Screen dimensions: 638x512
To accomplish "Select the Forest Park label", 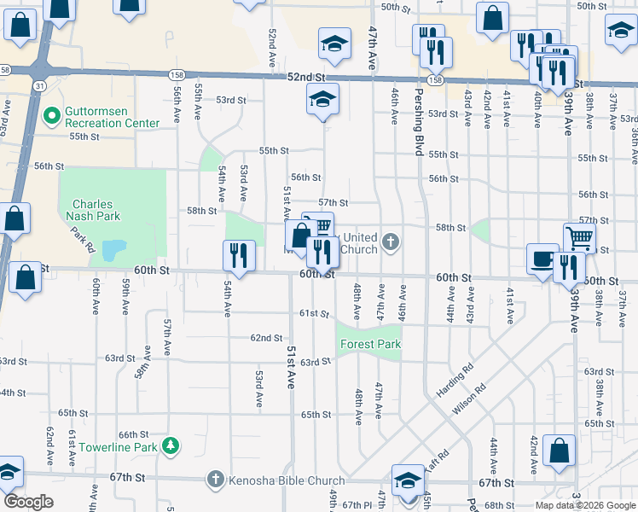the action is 370,344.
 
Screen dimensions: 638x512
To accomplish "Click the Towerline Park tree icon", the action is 171,446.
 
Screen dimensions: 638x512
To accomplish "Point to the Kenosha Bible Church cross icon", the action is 216,480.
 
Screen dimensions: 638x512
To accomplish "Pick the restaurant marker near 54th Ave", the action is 239,256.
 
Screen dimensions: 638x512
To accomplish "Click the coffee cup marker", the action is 542,259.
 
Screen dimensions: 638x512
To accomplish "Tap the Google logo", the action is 28,502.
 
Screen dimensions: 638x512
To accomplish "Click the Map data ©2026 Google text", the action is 585,505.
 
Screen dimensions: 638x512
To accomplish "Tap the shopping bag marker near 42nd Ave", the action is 560,452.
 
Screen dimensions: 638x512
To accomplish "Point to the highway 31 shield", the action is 40,86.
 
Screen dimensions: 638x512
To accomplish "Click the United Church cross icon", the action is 391,243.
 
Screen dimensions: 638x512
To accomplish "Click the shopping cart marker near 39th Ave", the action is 579,238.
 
